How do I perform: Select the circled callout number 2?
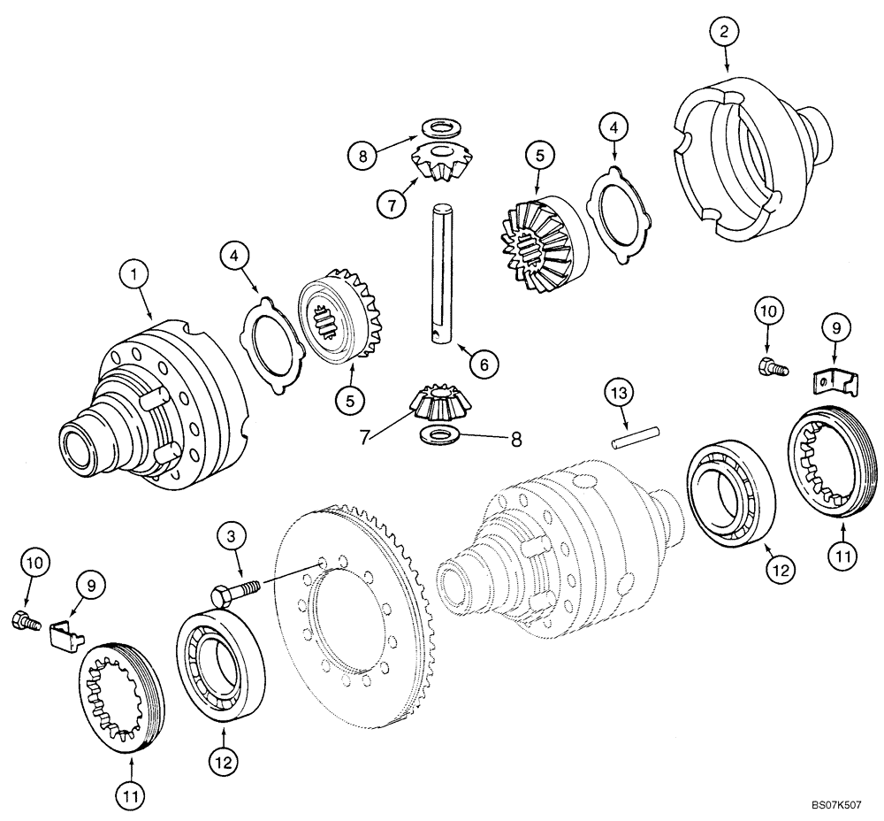click(725, 33)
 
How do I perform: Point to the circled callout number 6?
click(484, 363)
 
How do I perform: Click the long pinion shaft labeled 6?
click(441, 273)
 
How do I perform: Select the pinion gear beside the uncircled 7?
click(438, 403)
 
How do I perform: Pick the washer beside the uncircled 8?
click(438, 434)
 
